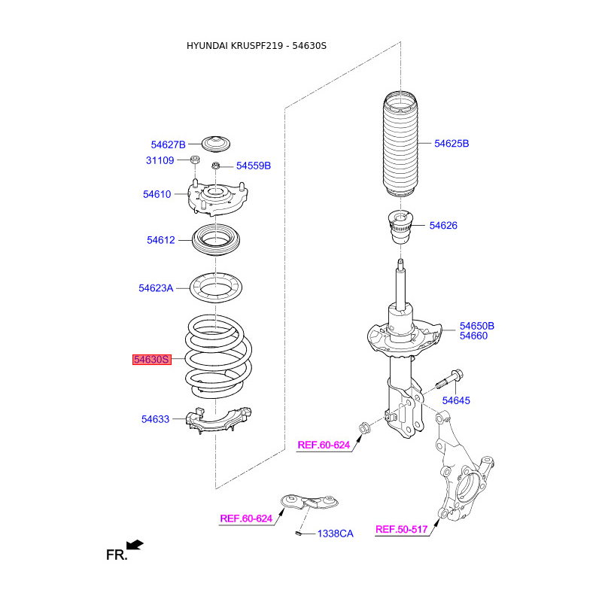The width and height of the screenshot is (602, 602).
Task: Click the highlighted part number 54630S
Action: pyautogui.click(x=152, y=360)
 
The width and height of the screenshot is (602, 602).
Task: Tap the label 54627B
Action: pyautogui.click(x=168, y=144)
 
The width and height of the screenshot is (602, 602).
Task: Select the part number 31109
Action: pyautogui.click(x=160, y=160)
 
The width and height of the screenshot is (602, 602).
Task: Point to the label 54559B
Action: pyautogui.click(x=254, y=166)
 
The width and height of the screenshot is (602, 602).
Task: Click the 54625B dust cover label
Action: pyautogui.click(x=451, y=144)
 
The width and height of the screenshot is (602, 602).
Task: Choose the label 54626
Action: pyautogui.click(x=443, y=225)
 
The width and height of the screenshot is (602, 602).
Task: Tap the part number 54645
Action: pyautogui.click(x=456, y=400)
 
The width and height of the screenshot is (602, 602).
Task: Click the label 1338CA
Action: pyautogui.click(x=336, y=534)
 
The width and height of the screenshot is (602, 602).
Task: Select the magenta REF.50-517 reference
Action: pyautogui.click(x=402, y=530)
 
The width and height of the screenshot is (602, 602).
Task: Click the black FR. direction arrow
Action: pyautogui.click(x=135, y=545)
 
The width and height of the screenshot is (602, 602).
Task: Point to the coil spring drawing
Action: pyautogui.click(x=218, y=357)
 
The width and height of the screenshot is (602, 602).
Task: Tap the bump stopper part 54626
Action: pyautogui.click(x=400, y=227)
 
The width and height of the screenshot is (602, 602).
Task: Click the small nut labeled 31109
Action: pyautogui.click(x=195, y=160)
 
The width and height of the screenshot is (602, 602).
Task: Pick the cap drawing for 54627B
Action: pyautogui.click(x=216, y=144)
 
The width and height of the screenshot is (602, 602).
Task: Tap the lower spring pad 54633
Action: pyautogui.click(x=218, y=421)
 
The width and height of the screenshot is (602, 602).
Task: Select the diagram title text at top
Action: pyautogui.click(x=257, y=46)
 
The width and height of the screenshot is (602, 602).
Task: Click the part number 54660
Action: pyautogui.click(x=474, y=336)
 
